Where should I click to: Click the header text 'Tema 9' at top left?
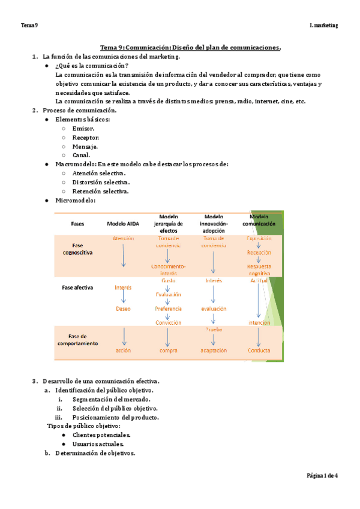click(x=29, y=25)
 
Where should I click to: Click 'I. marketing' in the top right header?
click(x=323, y=25)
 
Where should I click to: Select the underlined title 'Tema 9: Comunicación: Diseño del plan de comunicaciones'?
click(x=190, y=47)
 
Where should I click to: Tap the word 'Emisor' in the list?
click(x=83, y=128)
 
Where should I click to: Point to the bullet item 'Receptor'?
click(x=86, y=137)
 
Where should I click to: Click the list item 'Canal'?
click(x=82, y=155)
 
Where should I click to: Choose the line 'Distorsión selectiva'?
click(x=101, y=182)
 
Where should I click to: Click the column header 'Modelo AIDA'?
click(x=123, y=223)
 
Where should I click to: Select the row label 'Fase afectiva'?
click(x=77, y=288)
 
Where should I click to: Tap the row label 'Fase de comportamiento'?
click(x=77, y=340)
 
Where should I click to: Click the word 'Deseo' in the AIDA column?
click(x=123, y=309)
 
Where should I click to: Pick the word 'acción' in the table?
click(x=123, y=351)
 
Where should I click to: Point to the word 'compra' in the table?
click(x=168, y=351)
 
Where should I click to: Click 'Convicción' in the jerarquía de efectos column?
click(x=168, y=322)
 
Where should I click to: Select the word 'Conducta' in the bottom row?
click(x=259, y=351)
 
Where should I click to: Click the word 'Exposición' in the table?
click(x=259, y=238)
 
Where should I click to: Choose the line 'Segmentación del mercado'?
click(x=112, y=399)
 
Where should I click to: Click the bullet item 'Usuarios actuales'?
click(x=98, y=444)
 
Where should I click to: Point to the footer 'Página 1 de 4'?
click(x=322, y=475)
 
